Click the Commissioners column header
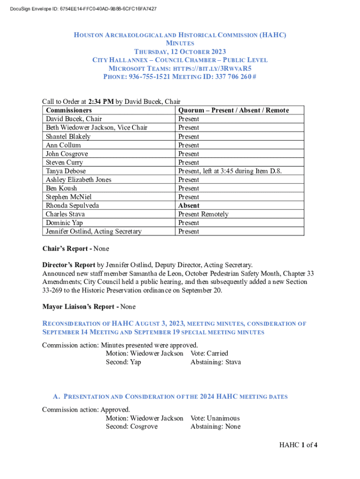69,110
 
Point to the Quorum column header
233,110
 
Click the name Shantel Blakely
68,137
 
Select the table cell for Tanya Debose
65,171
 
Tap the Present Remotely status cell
203,214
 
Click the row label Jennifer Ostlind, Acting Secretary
94,232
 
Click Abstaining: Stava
216,362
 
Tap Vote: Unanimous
215,418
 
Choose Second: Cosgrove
131,427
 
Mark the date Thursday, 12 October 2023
180,51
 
